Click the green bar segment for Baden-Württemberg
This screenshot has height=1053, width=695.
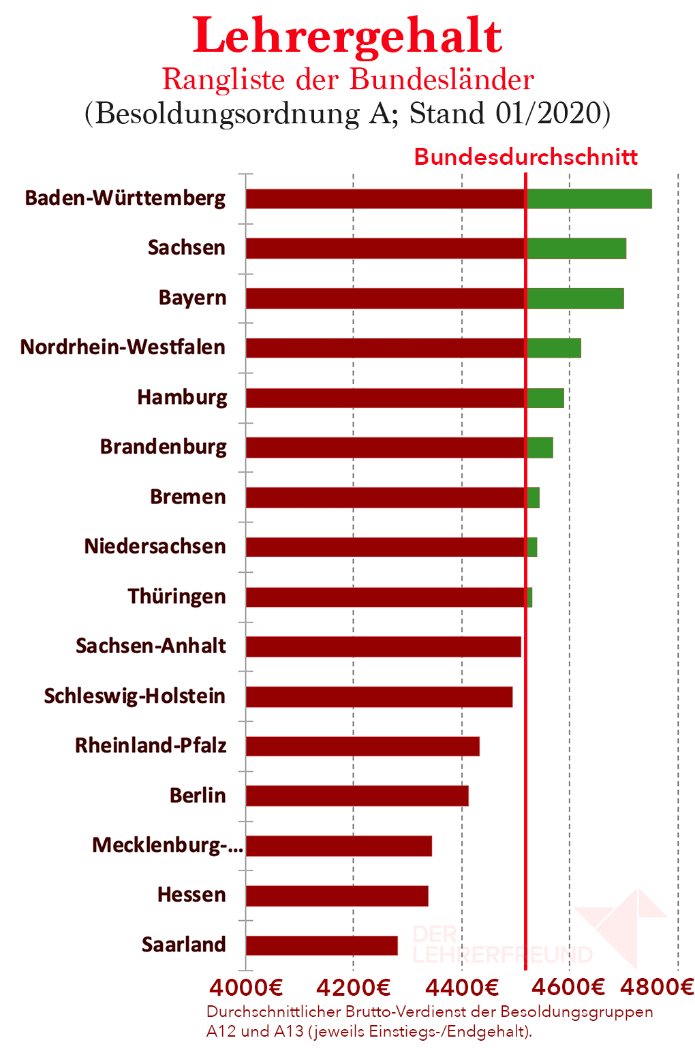click(x=589, y=199)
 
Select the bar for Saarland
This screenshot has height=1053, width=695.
click(x=322, y=945)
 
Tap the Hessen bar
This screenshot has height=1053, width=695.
click(x=337, y=896)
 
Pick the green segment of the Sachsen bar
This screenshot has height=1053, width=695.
click(x=576, y=249)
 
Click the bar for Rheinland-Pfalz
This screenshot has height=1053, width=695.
click(x=362, y=746)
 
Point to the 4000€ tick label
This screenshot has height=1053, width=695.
click(x=246, y=987)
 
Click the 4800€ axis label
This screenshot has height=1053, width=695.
click(x=657, y=987)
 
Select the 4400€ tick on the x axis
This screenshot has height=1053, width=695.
click(x=463, y=987)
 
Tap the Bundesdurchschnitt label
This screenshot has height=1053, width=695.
click(x=525, y=157)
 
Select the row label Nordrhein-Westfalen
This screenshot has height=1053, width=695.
click(x=123, y=347)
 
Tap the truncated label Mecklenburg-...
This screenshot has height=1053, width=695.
click(x=167, y=845)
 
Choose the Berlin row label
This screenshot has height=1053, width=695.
click(x=198, y=796)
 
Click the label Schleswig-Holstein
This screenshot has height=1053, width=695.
click(x=134, y=696)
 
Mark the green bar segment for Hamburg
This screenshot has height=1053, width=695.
click(x=545, y=398)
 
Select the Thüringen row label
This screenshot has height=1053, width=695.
click(x=176, y=597)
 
